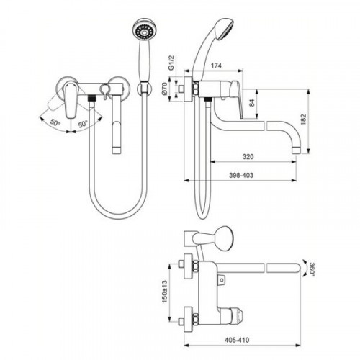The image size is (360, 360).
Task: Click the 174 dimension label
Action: coord(216,66)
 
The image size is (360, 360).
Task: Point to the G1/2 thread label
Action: coord(171,63)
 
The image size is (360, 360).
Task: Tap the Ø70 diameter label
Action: coord(164,89)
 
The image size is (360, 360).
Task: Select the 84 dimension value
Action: coord(251,103)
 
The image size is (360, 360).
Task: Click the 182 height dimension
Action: coord(303,120)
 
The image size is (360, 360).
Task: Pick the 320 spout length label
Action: coord(248,157)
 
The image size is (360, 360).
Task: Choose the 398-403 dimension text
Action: coord(241,175)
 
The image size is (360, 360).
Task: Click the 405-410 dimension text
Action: coord(237,340)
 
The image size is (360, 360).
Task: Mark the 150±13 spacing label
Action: coord(165,292)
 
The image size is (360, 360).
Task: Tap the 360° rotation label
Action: coord(311,269)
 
